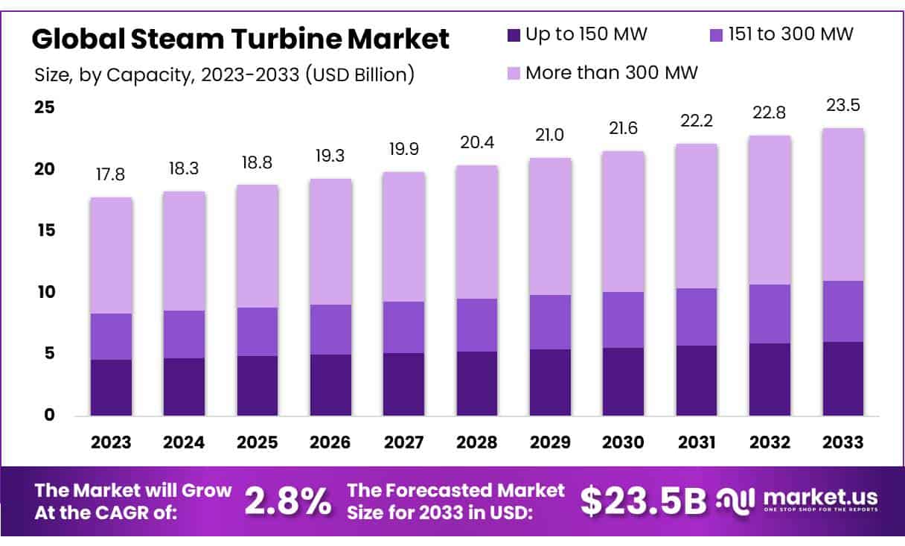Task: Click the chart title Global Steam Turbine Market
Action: point(240,38)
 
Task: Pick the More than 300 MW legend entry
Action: point(611,73)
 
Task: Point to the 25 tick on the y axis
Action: point(45,107)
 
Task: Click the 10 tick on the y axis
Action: point(45,292)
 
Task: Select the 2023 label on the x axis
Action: point(111,442)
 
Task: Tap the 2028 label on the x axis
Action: point(477,442)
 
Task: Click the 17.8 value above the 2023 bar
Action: point(110,175)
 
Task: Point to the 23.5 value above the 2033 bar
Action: point(843,106)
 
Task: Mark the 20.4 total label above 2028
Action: point(477,142)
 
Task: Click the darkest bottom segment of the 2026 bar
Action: point(330,384)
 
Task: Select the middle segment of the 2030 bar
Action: point(624,320)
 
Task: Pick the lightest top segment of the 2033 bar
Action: point(843,204)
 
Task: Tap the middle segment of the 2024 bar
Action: point(184,334)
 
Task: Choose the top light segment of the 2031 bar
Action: point(697,216)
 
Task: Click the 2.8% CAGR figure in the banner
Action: point(288,503)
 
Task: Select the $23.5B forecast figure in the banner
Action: point(642,503)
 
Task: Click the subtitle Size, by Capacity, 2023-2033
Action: point(224,74)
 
